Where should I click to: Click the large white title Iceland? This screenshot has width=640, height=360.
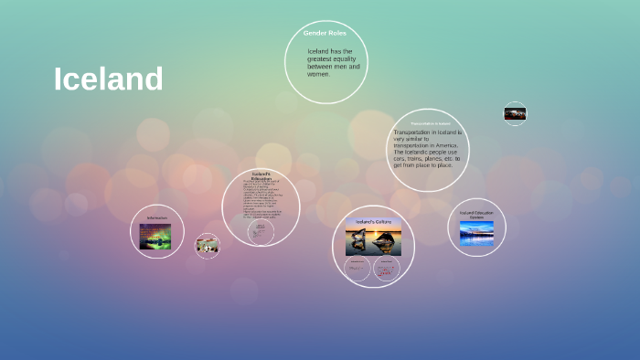point(108,79)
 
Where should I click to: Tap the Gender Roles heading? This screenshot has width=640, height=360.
point(325,33)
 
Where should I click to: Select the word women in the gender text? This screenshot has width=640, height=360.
point(317,74)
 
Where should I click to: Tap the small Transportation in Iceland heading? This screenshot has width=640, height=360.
point(430,123)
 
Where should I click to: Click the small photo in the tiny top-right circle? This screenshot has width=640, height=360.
point(515,114)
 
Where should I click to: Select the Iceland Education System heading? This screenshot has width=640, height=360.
point(476,215)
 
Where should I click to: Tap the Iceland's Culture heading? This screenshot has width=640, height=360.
point(373,221)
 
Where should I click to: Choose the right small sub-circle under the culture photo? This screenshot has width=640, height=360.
point(384,268)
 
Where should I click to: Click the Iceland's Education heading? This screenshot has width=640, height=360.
point(261,175)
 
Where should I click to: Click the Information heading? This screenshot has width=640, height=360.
point(156,217)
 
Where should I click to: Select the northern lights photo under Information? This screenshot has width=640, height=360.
point(155,237)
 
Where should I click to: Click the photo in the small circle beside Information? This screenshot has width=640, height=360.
point(208,245)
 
